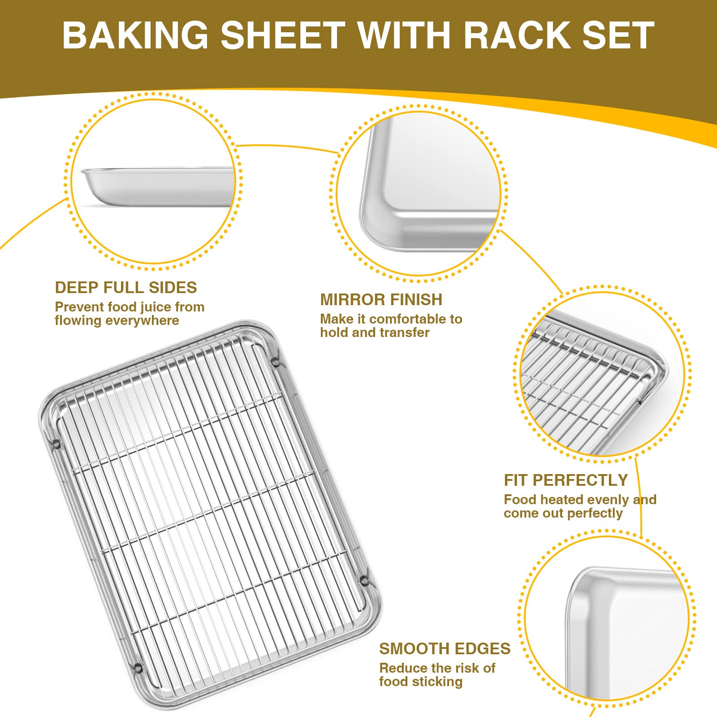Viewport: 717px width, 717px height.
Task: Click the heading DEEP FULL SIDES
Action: (x=126, y=288)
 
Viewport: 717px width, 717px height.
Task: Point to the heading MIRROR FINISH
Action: (x=381, y=300)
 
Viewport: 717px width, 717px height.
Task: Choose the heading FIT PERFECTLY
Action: (x=566, y=480)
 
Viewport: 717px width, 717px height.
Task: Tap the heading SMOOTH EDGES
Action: (x=445, y=649)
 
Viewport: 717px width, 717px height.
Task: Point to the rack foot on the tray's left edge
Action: (x=56, y=444)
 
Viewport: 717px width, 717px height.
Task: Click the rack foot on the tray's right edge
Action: (x=364, y=581)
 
